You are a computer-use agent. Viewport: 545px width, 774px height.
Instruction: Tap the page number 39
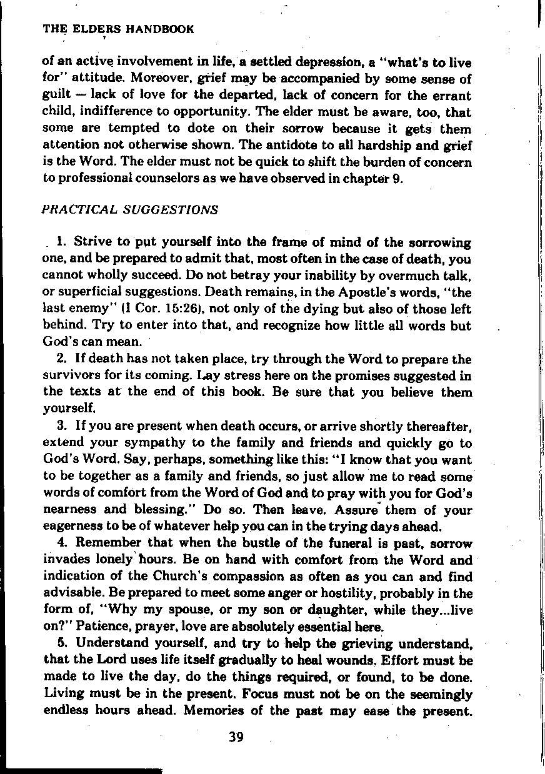(x=236, y=737)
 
